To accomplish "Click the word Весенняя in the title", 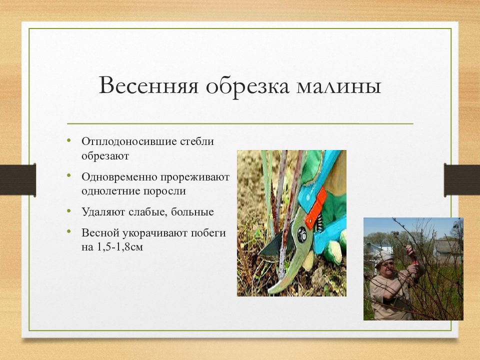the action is pos(149,85).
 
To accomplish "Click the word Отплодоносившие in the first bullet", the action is pos(129,141).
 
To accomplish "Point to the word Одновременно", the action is pos(119,177).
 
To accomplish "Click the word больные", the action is pos(192,212).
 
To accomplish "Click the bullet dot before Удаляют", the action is pos(69,210).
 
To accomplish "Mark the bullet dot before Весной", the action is pos(69,231).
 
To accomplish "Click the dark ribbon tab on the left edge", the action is pos(18,180).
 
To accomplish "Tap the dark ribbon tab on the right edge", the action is pos(462,180).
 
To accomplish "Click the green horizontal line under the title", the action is pos(240,123).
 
